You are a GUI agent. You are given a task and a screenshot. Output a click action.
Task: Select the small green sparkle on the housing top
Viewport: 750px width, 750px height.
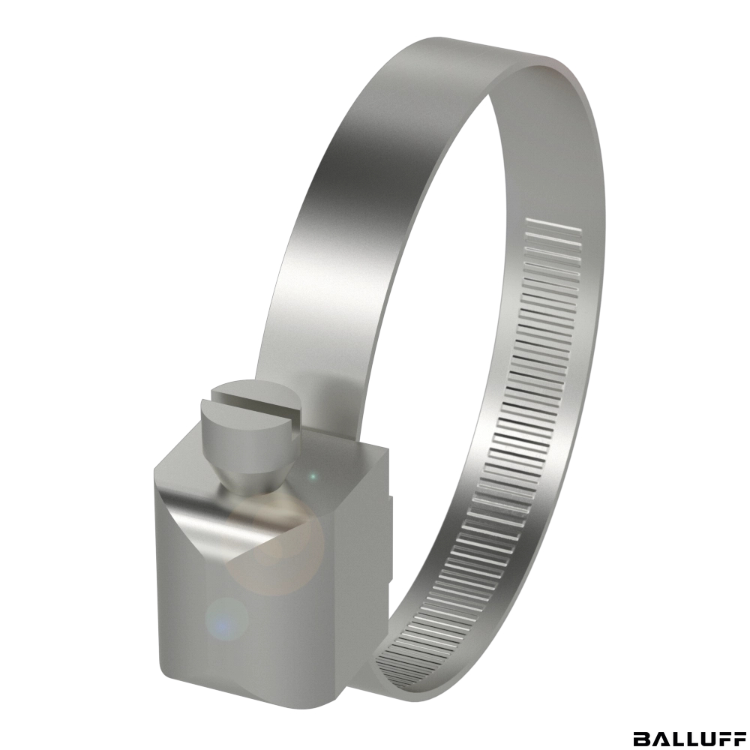[313, 476]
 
